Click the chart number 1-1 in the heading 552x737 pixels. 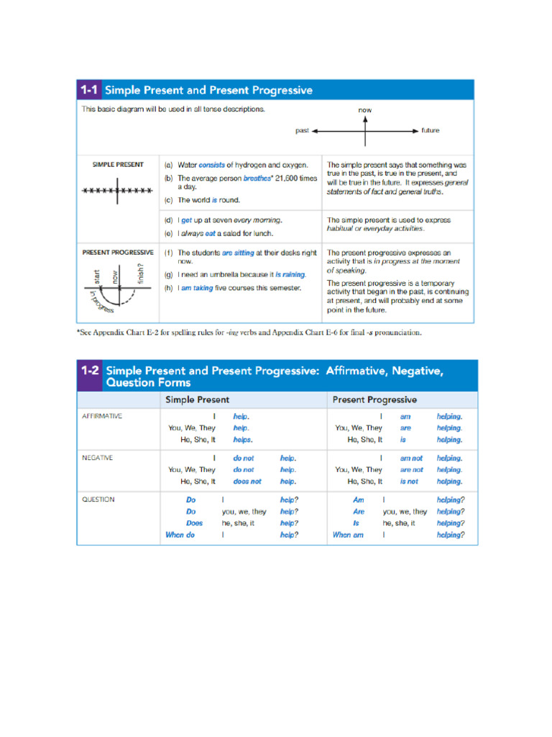point(88,91)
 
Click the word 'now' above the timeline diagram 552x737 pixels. point(365,110)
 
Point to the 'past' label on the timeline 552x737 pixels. point(302,131)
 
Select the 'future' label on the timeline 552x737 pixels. point(430,131)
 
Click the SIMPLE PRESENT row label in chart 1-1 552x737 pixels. point(118,165)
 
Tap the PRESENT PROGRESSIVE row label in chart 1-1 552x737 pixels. point(118,253)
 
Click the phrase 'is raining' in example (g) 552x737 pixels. point(290,274)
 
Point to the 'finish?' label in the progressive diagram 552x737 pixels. point(141,273)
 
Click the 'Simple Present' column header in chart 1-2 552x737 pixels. point(198,399)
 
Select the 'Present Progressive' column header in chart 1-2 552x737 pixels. point(374,399)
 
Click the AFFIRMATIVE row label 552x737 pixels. point(102,416)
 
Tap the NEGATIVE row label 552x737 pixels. point(98,458)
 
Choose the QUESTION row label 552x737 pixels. point(98,499)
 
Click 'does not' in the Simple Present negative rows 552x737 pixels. point(247,481)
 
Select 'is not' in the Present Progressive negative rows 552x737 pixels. point(409,481)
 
